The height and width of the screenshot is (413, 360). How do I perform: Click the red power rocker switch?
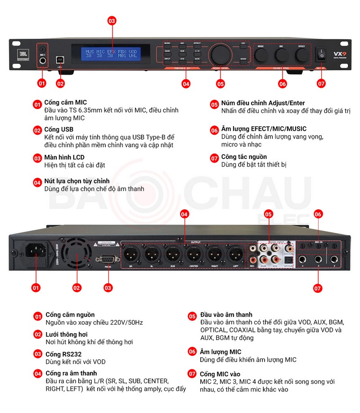tap(321, 54)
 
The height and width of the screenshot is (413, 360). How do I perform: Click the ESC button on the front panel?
tap(243, 44)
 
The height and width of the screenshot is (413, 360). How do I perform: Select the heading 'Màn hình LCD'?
tap(64, 158)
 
